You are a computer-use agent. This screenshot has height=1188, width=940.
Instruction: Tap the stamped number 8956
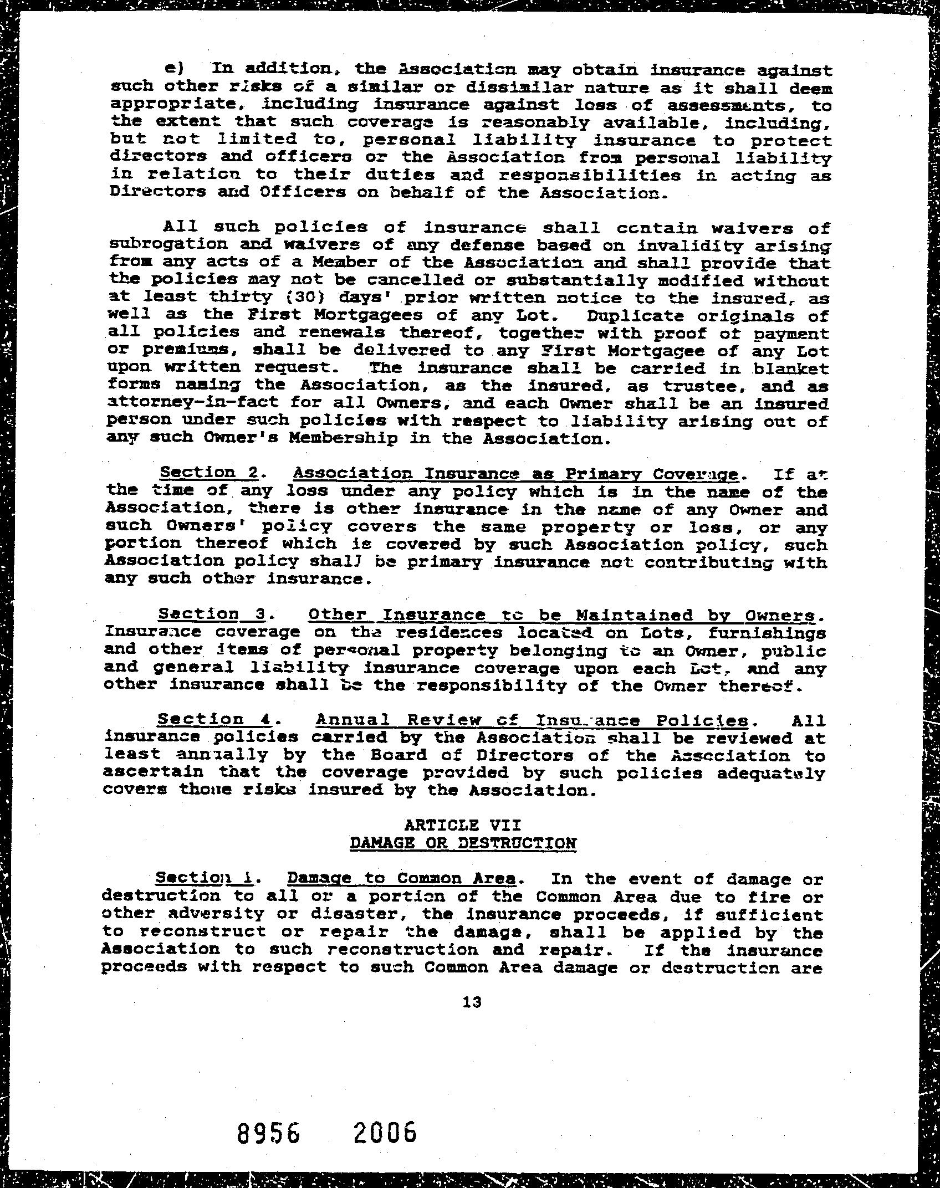pos(268,1131)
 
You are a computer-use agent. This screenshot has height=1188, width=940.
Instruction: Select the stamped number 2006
pos(384,1131)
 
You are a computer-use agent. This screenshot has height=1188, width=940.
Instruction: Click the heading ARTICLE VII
pos(463,825)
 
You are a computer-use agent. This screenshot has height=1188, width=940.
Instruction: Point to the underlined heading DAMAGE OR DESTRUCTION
pos(463,843)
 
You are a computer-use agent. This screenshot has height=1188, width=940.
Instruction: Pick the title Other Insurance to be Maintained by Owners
pos(561,615)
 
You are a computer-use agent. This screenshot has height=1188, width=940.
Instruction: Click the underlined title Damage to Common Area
pos(402,878)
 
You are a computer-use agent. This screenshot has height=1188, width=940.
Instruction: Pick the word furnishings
pos(768,633)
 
